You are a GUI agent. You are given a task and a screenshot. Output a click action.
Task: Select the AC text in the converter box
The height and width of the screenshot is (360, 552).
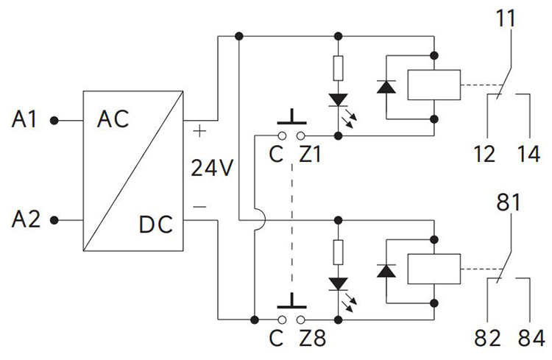pos(113,119)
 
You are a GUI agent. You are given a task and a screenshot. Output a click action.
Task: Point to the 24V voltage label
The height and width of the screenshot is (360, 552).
pos(212,169)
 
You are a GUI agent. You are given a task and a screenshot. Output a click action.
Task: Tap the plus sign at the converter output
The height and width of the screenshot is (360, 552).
pos(199,133)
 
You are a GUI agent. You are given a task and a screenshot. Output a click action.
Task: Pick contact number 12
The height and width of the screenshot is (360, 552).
pos(486,155)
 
